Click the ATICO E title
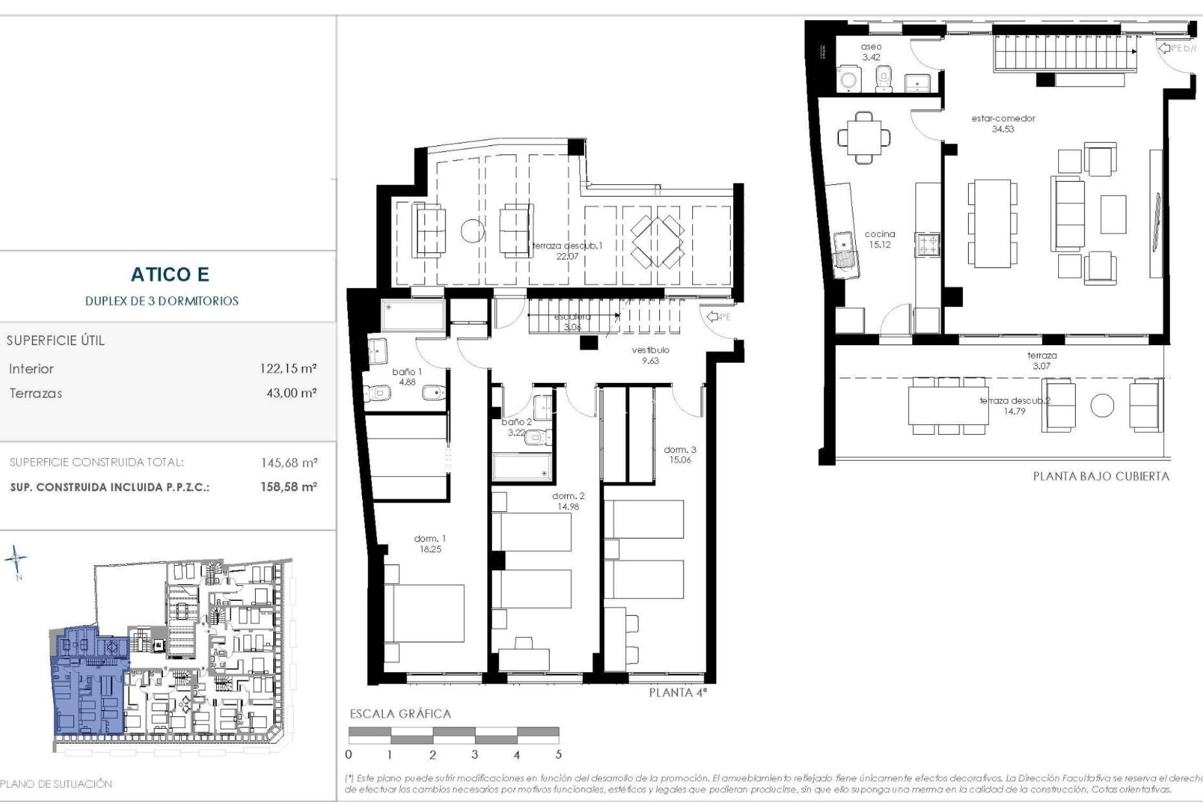170,274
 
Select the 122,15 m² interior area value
288,369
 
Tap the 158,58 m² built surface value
289,487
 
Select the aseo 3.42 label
871,52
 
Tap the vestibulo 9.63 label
650,355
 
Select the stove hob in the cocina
927,244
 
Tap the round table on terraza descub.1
473,231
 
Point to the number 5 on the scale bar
558,755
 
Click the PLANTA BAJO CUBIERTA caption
1101,476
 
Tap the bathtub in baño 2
521,467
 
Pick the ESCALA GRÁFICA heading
400,714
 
